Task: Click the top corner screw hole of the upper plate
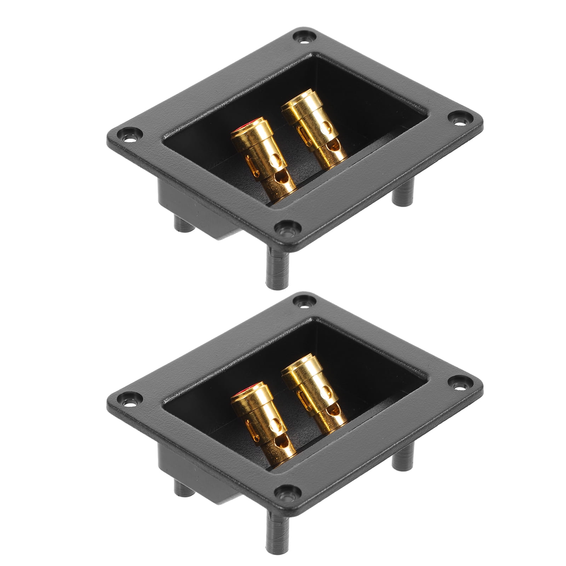[303, 36]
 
